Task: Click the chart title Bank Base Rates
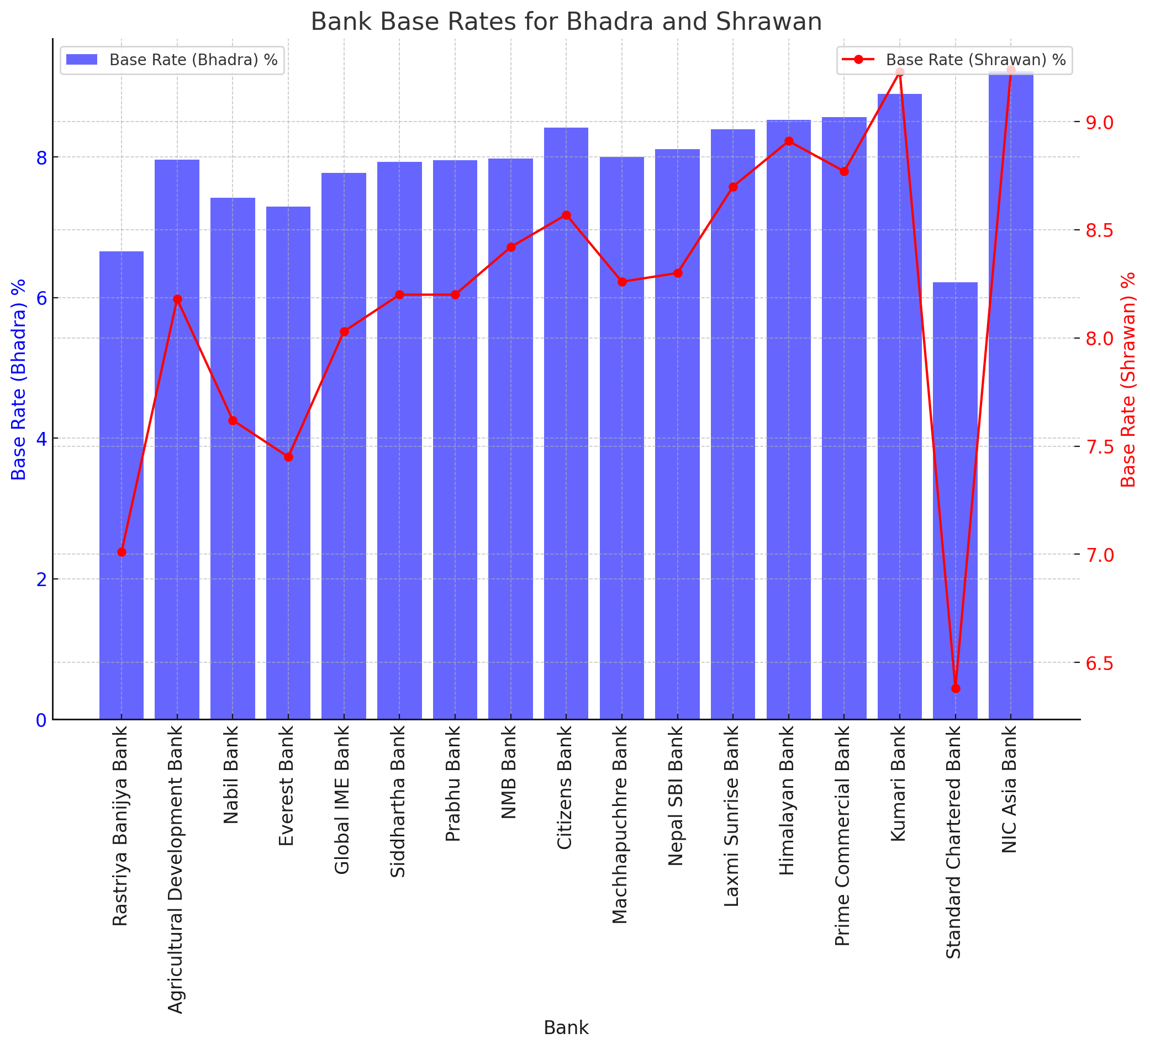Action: (566, 22)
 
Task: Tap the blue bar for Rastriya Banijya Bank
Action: (122, 485)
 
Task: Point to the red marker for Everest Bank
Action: (289, 457)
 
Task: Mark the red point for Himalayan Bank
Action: (789, 141)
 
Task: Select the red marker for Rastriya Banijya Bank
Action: (122, 552)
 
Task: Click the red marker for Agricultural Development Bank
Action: (177, 299)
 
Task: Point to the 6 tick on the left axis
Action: (41, 298)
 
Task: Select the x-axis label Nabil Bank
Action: (231, 774)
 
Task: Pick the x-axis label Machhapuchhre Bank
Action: (621, 824)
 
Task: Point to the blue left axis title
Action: (19, 379)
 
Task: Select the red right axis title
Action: (1129, 379)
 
